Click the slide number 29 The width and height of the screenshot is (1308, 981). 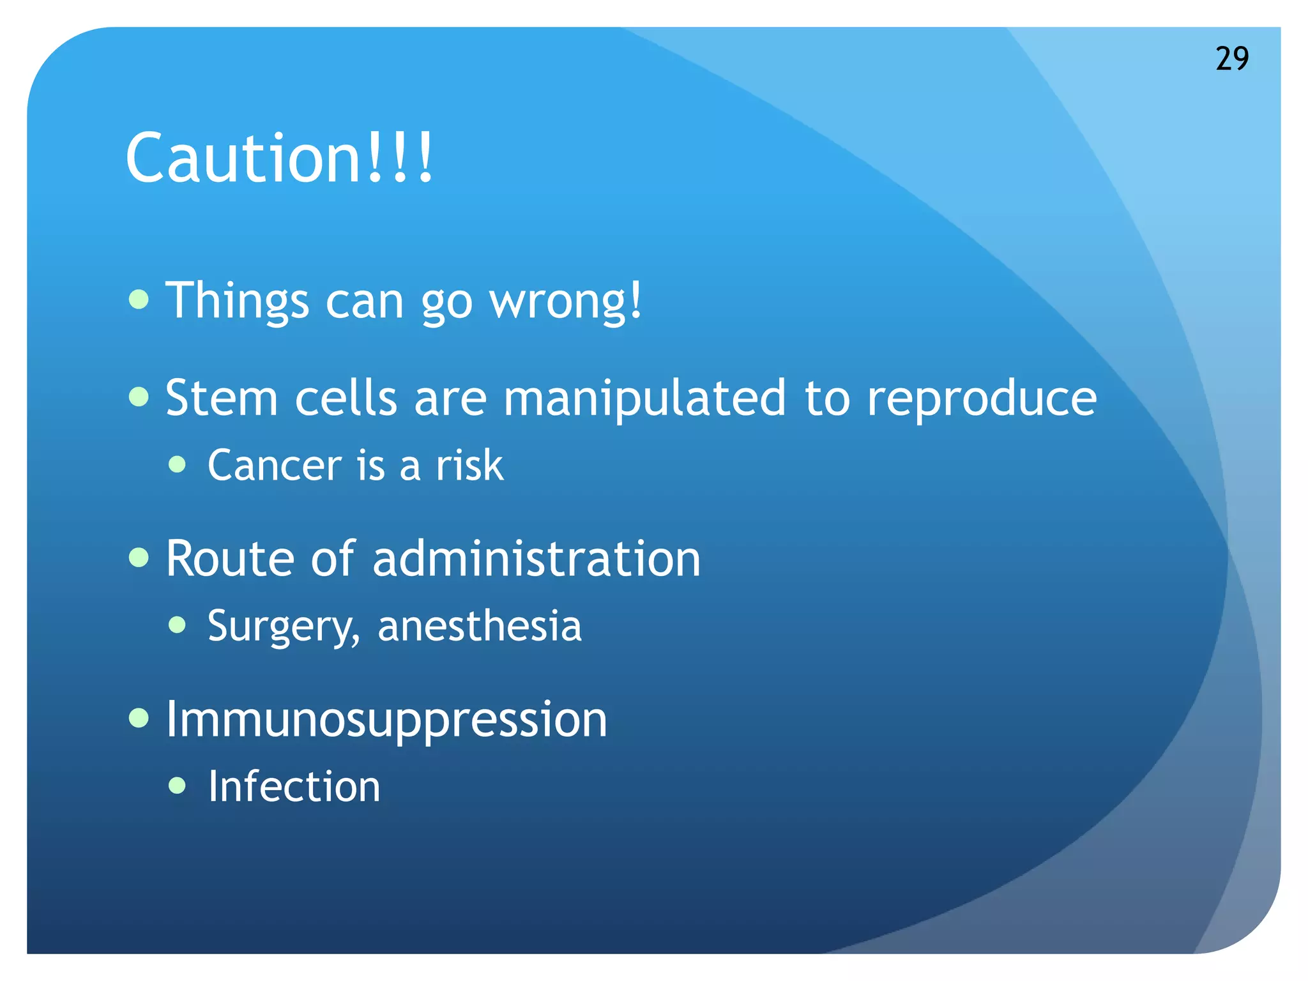point(1232,59)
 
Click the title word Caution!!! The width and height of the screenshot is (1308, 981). point(280,158)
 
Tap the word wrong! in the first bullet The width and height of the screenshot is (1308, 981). point(566,301)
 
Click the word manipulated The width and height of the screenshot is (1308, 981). point(644,399)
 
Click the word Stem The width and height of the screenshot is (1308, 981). point(222,399)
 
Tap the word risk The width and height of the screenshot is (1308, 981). point(469,465)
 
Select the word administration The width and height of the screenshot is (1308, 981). point(536,559)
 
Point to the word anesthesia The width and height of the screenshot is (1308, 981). point(480,626)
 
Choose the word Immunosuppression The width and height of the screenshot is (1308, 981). point(386,720)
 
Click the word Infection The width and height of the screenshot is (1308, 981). point(294,786)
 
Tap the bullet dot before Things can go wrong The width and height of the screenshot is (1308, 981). point(139,299)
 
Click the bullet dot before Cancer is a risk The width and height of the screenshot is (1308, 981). point(178,464)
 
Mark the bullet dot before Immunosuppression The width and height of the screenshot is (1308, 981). point(139,718)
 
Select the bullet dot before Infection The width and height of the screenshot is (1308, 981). point(178,785)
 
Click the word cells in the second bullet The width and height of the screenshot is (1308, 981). point(346,399)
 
